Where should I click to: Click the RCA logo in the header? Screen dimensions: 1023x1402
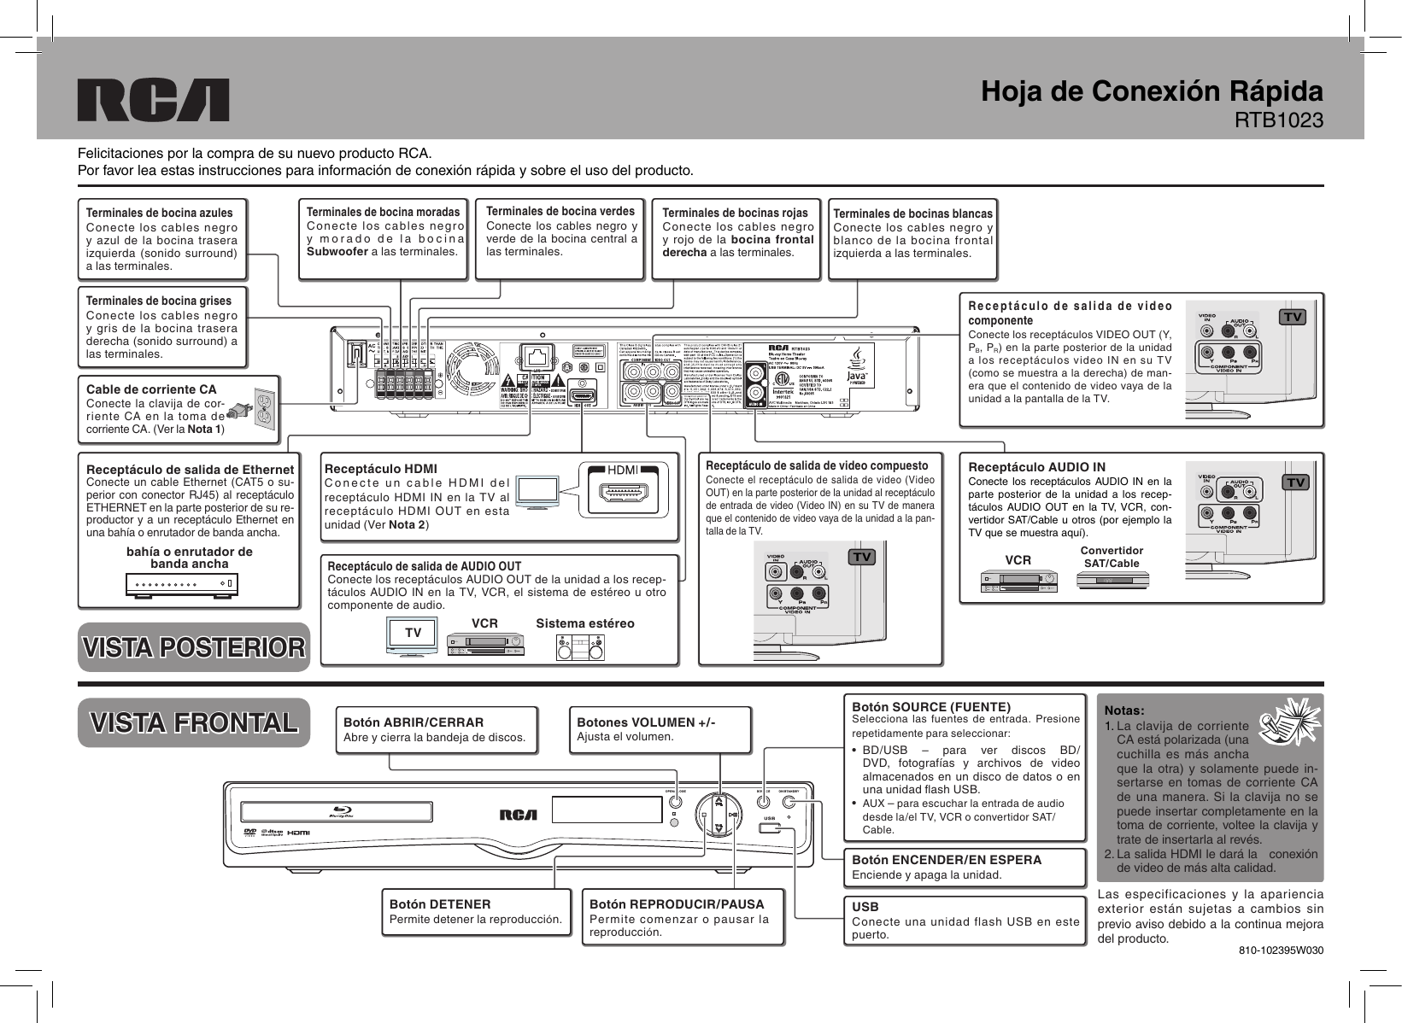(x=154, y=100)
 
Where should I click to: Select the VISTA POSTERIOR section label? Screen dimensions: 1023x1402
(x=193, y=647)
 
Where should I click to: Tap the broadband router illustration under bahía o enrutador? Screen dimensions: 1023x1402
(x=182, y=585)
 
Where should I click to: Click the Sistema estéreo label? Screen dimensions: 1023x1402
(x=584, y=623)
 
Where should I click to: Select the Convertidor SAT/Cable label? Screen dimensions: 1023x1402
(x=1112, y=557)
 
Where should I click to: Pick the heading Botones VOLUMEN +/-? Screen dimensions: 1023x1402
(x=647, y=722)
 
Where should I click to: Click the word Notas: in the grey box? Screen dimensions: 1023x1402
(x=1124, y=710)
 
